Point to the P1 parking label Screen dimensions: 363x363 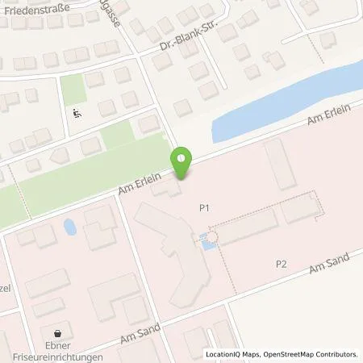[205, 207]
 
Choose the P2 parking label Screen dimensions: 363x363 [281, 264]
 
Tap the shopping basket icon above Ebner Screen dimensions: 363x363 [58, 333]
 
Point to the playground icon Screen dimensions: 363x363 [77, 113]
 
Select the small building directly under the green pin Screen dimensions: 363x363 [173, 190]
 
